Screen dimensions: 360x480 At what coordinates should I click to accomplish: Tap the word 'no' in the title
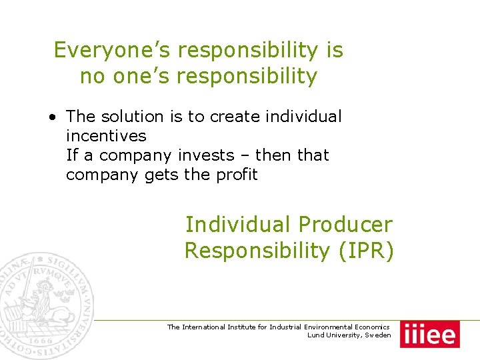tap(91, 77)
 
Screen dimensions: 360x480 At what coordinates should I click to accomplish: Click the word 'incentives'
tap(106, 136)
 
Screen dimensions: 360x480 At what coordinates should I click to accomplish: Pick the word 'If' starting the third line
tap(71, 155)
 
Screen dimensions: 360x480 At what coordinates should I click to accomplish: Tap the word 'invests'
tap(206, 155)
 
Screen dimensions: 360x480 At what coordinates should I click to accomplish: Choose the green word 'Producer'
tap(346, 225)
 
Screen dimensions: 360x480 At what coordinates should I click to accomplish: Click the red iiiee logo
tap(429, 334)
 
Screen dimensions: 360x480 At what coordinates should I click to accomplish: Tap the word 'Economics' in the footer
tap(369, 327)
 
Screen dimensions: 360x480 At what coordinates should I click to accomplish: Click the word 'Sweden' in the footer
tap(379, 335)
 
